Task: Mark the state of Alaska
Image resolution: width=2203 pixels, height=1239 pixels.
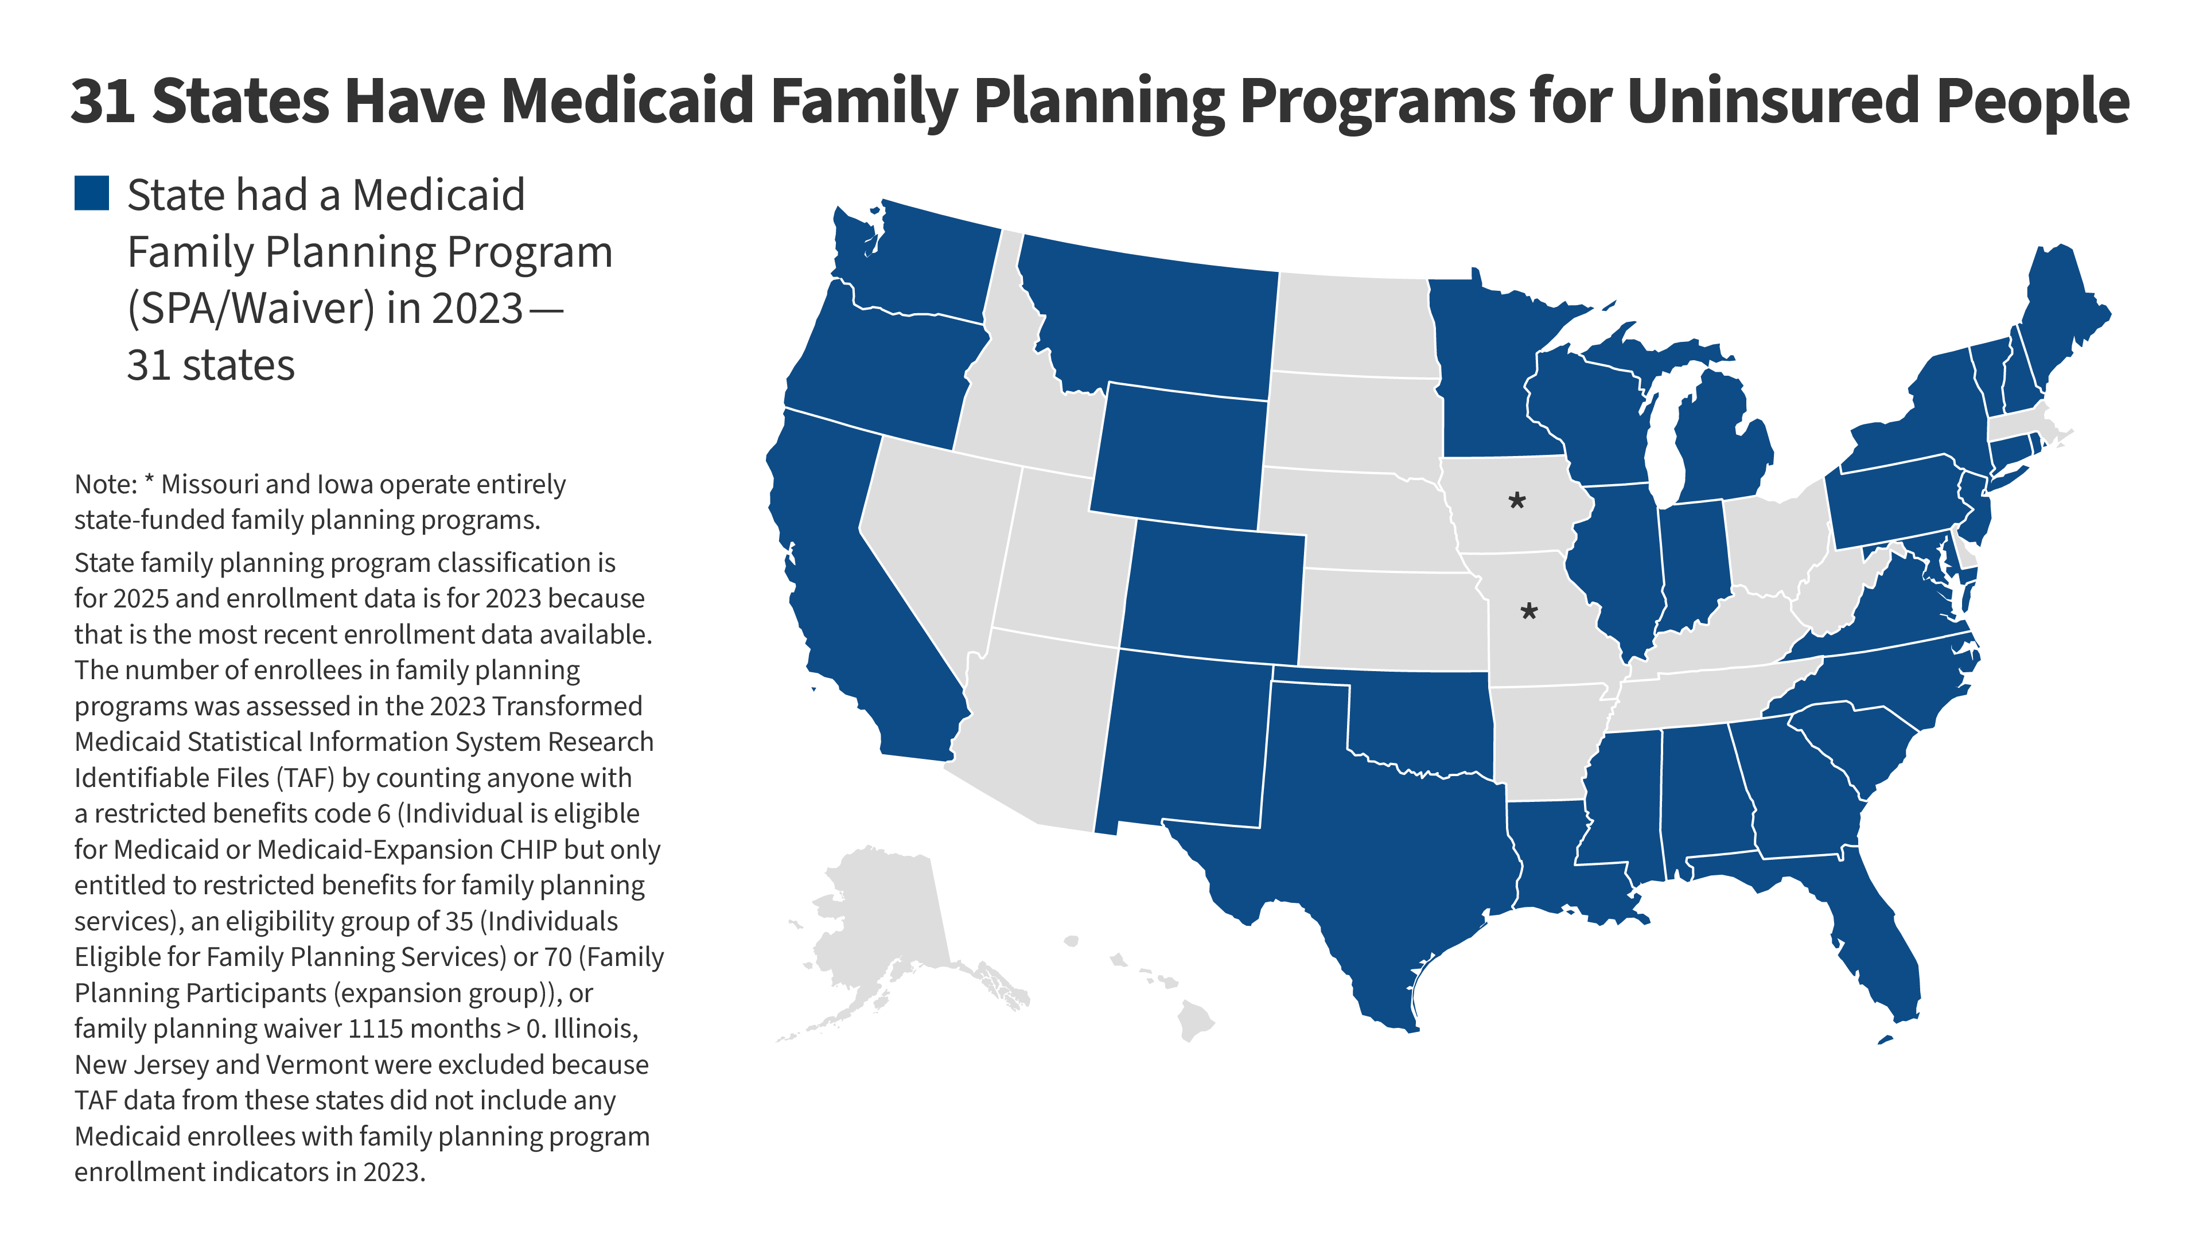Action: [x=881, y=932]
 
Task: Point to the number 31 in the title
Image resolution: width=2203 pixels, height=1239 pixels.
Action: [x=103, y=101]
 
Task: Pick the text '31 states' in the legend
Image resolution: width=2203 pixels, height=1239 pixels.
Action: [x=211, y=365]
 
